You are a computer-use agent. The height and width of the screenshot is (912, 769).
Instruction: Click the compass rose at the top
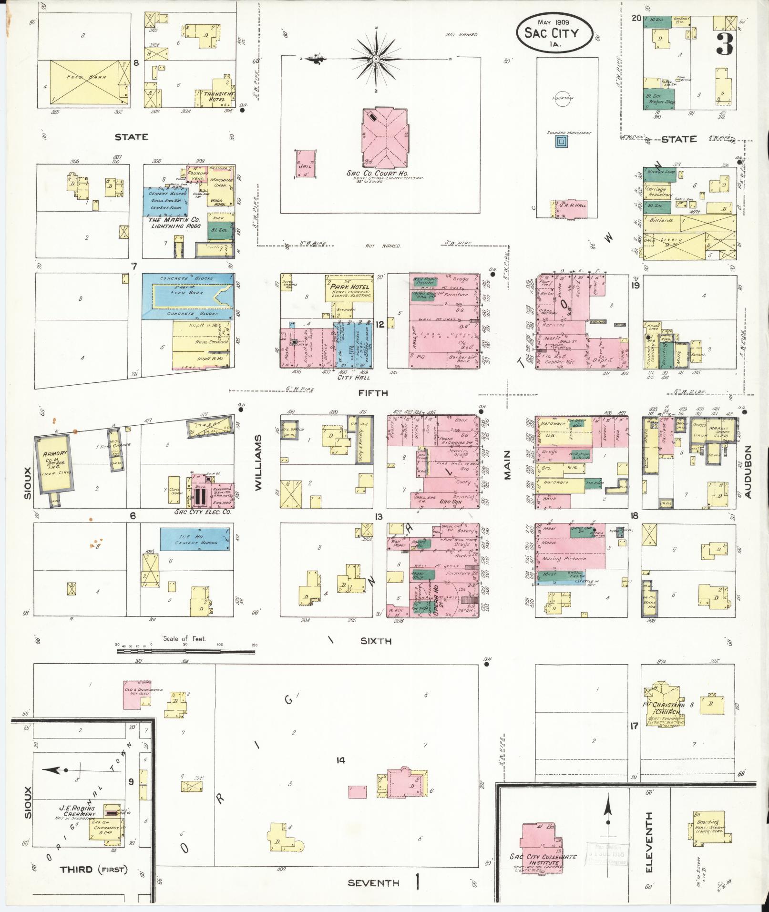tap(376, 59)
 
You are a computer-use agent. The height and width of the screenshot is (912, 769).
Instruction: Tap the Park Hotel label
tap(350, 287)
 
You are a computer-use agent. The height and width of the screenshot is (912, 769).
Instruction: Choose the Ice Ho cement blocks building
tap(195, 539)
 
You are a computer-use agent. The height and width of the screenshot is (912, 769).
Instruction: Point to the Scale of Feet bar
tap(186, 645)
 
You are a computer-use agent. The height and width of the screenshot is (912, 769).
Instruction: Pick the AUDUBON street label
tap(748, 472)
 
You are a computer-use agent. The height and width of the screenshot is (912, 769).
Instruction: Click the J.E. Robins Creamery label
tap(77, 811)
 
